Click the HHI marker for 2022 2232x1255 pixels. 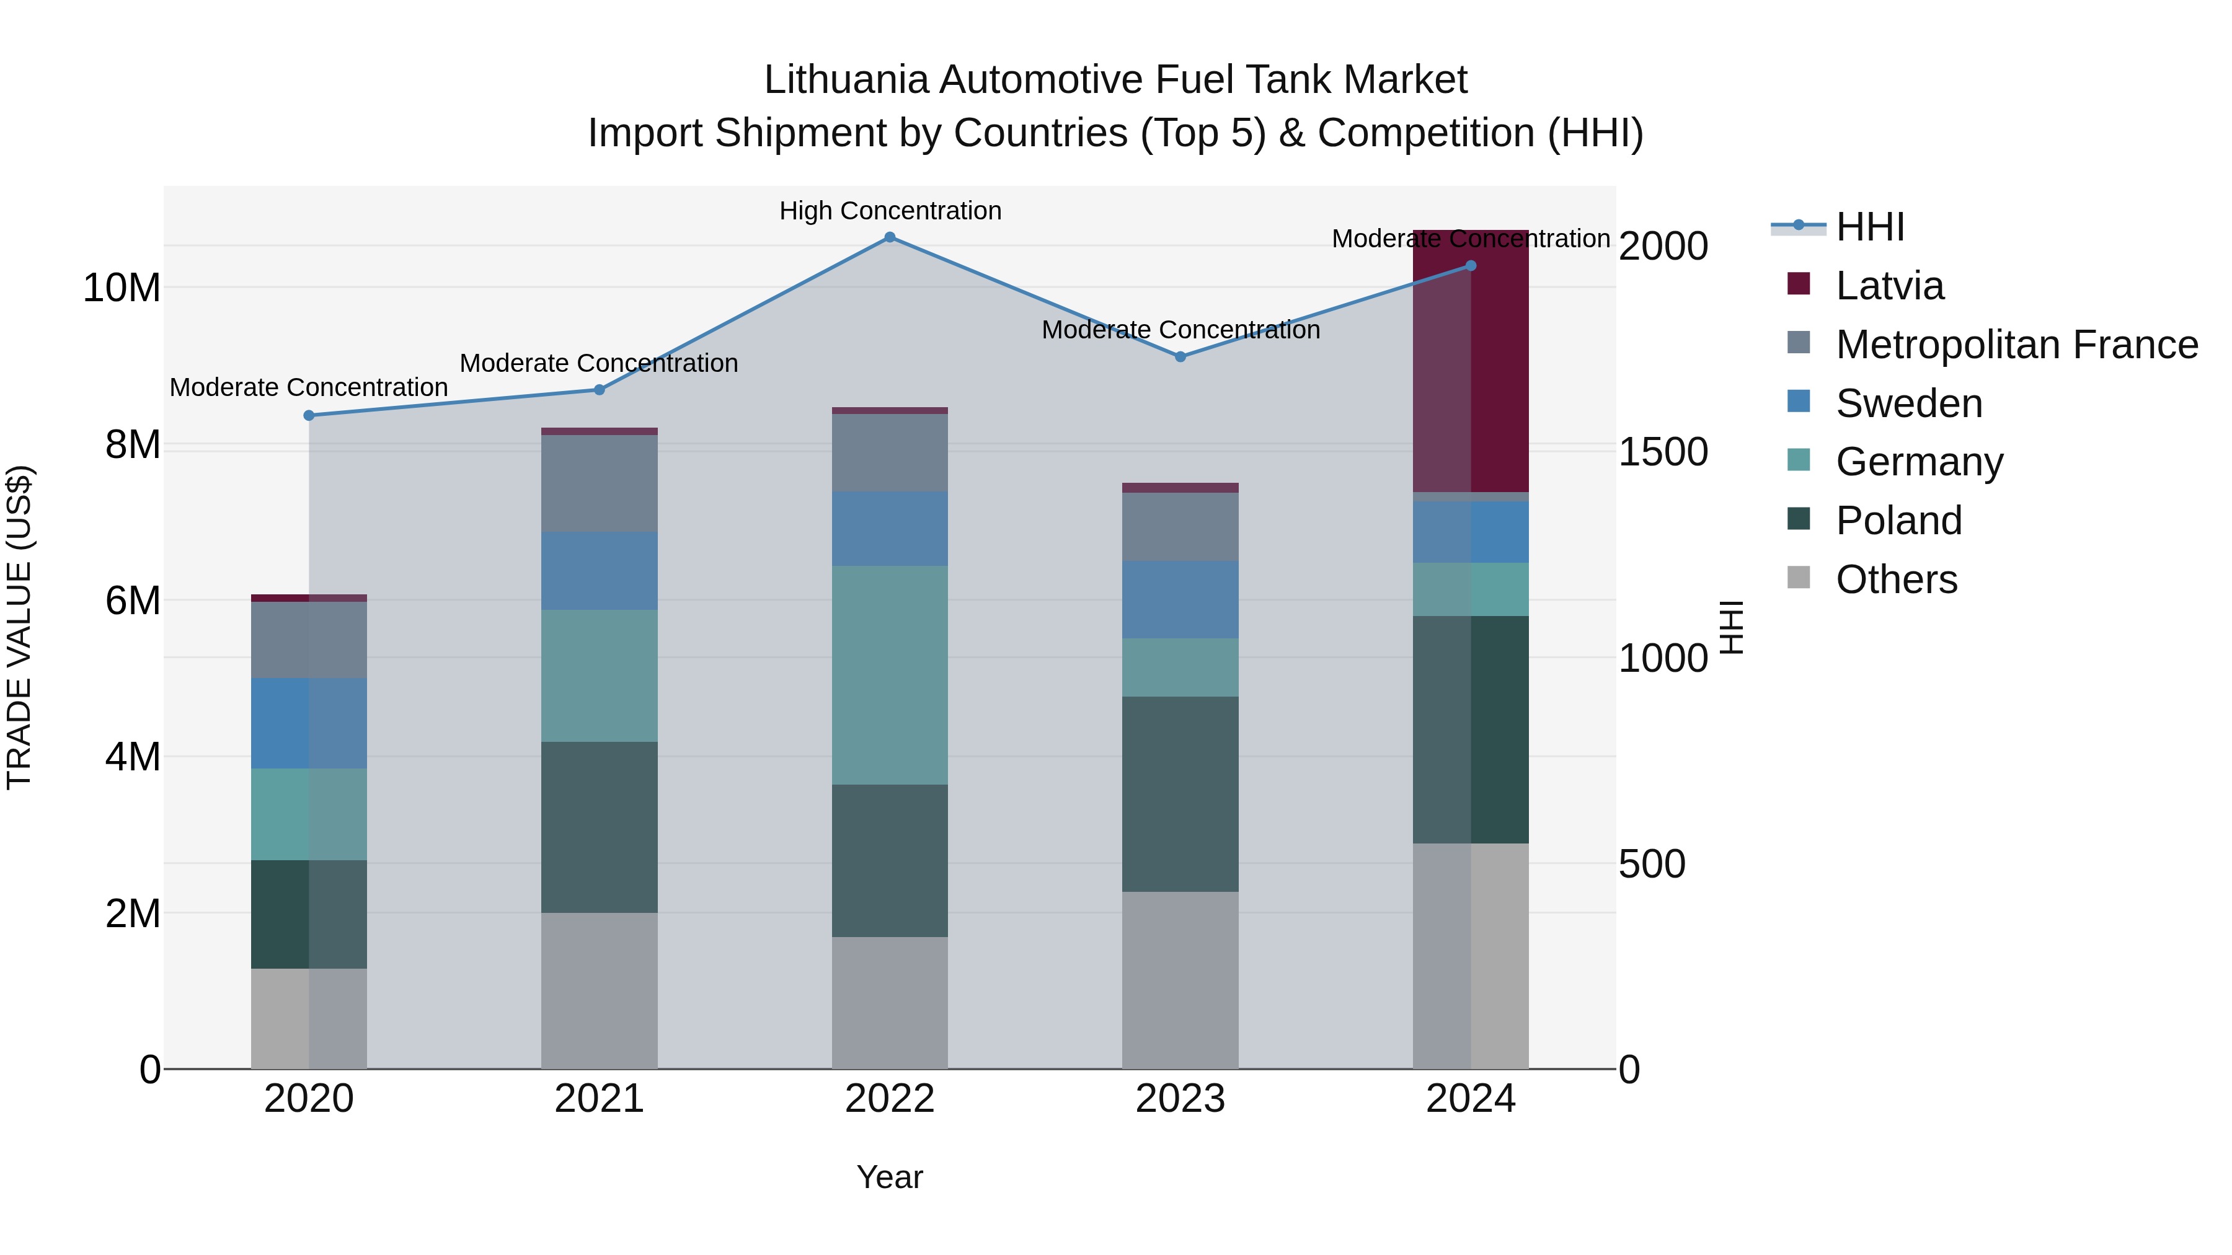pos(890,237)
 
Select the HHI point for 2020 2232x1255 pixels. pos(309,416)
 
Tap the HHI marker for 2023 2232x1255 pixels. pos(1180,357)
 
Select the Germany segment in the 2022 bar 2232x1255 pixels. pos(890,675)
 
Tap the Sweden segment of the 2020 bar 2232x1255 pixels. pos(309,723)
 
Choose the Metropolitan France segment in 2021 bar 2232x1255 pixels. pos(600,483)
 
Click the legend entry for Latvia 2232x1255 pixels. pos(1889,286)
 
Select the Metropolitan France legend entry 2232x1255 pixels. pos(2016,345)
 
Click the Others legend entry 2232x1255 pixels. pos(1896,579)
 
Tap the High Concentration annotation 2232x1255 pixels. pos(890,211)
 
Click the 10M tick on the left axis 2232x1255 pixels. pos(122,288)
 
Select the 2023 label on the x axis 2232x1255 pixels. pos(1180,1099)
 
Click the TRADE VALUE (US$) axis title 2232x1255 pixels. pos(19,627)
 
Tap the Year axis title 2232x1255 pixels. pos(890,1177)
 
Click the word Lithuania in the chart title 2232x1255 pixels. pos(846,80)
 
